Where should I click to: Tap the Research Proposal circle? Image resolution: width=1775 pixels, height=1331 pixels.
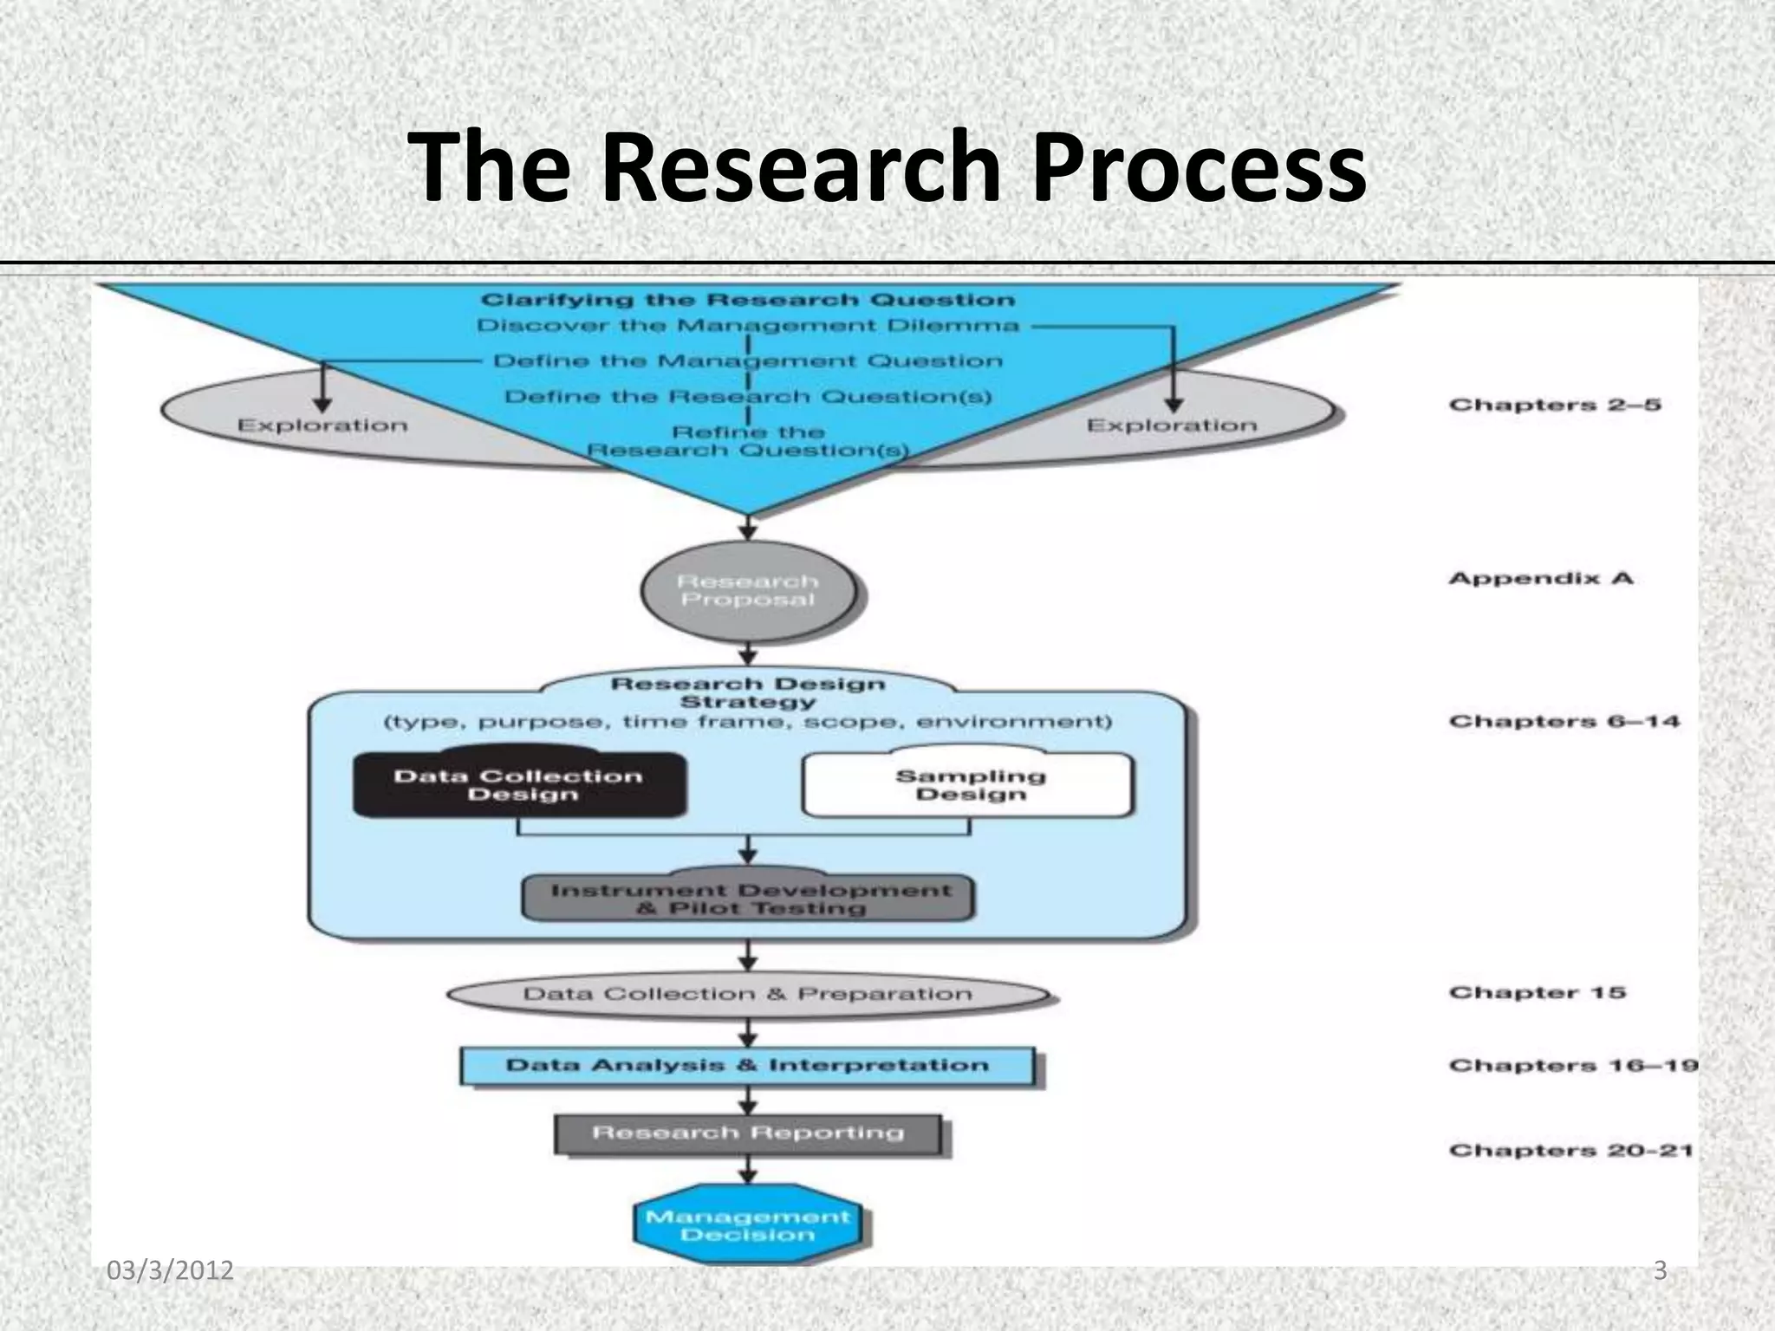(748, 591)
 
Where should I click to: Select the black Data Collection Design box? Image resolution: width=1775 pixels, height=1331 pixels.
(518, 785)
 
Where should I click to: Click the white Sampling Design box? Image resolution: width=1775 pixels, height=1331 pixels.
(969, 785)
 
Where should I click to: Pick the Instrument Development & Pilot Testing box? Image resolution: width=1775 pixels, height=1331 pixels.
(749, 899)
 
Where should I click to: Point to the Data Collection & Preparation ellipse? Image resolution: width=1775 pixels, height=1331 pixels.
(748, 994)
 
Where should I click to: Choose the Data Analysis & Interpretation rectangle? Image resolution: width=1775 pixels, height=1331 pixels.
(747, 1066)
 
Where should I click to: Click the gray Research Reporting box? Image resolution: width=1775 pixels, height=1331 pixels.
(748, 1133)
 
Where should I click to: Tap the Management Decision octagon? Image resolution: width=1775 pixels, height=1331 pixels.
(748, 1225)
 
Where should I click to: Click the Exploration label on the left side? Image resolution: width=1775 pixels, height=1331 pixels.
(322, 425)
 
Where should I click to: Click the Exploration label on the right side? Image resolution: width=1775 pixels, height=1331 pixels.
(1172, 425)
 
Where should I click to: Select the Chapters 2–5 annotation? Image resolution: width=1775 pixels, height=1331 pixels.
(1555, 405)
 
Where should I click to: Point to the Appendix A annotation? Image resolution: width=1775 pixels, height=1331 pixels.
(1540, 578)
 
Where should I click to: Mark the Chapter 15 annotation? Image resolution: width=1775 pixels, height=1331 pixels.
(1537, 992)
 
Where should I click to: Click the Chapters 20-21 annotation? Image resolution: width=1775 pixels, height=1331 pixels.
(1570, 1151)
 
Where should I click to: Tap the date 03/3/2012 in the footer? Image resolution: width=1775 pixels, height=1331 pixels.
(170, 1270)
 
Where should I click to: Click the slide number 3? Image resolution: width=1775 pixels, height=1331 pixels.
(1660, 1270)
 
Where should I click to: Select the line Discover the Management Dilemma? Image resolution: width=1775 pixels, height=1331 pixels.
(747, 326)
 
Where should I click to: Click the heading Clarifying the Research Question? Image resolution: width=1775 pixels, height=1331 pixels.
(747, 300)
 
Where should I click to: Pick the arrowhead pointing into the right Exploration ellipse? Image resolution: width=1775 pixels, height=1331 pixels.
(1174, 405)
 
